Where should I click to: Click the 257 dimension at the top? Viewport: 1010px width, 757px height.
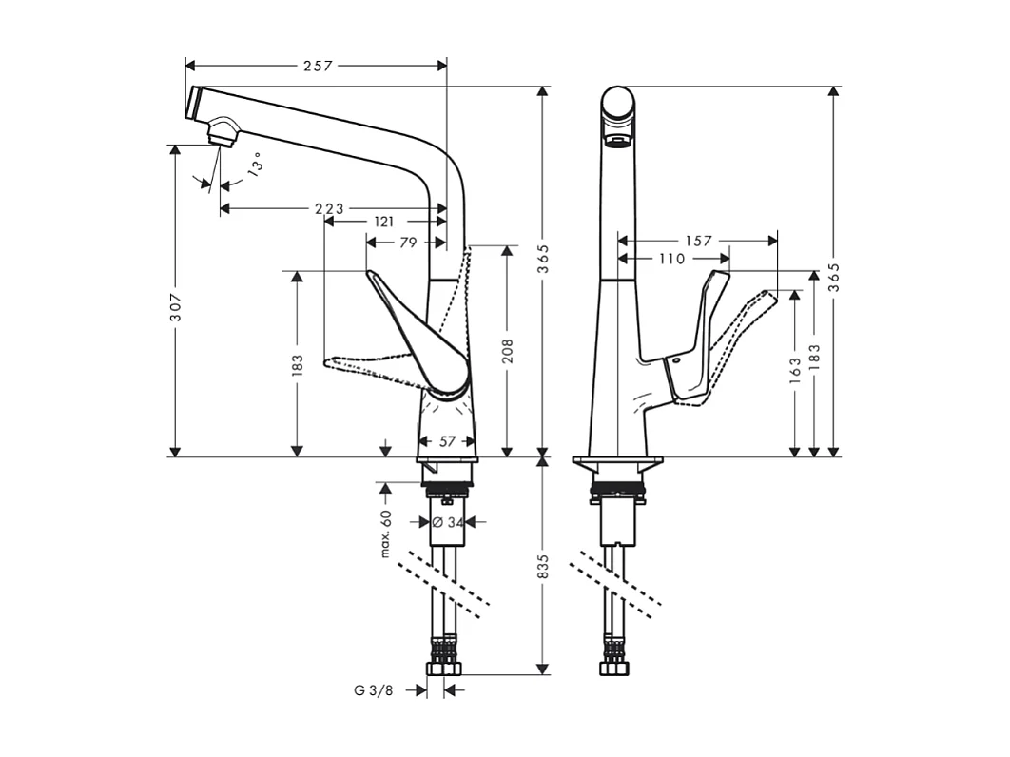(318, 66)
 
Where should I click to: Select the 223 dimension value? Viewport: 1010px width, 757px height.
(330, 208)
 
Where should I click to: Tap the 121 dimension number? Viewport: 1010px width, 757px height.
(383, 222)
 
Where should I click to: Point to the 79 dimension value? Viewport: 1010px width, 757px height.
(407, 243)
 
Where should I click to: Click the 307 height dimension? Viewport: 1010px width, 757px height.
(175, 305)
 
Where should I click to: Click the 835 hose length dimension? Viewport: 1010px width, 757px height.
(543, 567)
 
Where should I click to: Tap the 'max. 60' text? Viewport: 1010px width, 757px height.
(386, 534)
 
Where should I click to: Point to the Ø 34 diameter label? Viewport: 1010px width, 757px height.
(447, 521)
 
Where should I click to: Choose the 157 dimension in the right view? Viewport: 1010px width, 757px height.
(697, 242)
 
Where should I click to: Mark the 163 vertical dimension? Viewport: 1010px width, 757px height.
(793, 369)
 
